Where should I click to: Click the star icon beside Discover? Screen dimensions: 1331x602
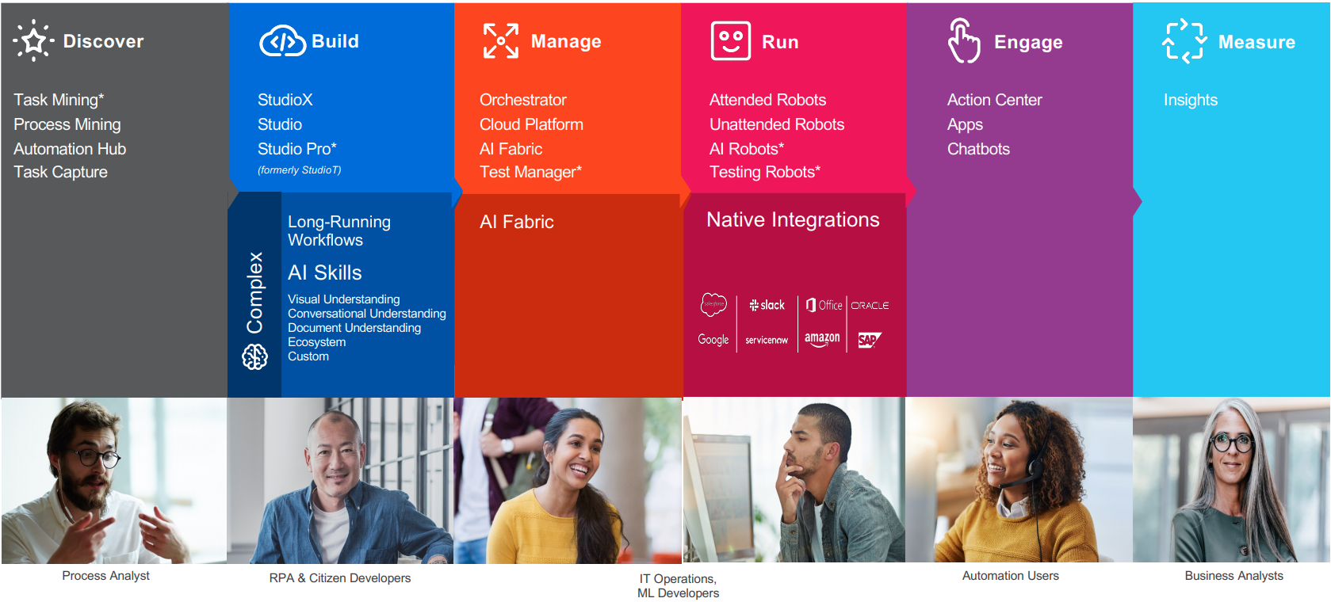34,40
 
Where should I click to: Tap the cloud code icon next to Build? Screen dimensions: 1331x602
283,41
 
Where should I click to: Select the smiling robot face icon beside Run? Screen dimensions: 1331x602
730,41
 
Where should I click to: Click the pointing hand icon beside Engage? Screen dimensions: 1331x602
963,40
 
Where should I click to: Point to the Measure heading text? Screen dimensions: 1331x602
1256,42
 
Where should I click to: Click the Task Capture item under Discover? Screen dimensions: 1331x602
60,172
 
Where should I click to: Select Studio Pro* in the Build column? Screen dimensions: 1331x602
297,148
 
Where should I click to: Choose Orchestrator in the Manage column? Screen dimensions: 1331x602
523,100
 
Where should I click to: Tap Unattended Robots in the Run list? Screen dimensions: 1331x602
777,124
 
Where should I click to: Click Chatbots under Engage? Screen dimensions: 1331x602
979,148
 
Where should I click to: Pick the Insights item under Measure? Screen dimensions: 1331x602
1191,100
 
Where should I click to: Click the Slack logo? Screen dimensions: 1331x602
767,305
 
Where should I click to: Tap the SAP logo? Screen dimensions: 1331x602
870,340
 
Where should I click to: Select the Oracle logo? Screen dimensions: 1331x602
870,305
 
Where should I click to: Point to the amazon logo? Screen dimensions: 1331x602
822,339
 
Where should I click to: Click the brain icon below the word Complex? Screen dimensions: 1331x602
255,356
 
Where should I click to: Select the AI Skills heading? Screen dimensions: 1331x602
324,272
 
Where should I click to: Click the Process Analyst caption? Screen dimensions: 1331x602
105,576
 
